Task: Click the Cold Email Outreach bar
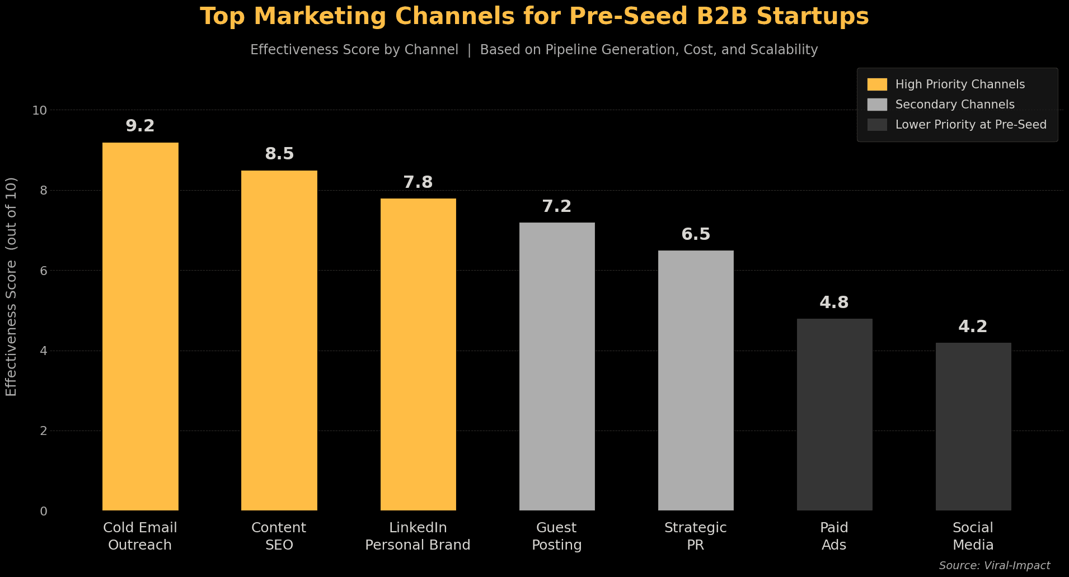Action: click(140, 327)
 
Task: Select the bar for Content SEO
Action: click(279, 340)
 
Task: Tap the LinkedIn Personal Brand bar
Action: click(418, 354)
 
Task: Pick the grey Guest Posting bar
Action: click(557, 366)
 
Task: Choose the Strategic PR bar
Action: click(696, 380)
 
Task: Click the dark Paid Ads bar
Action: click(834, 414)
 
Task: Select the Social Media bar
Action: click(973, 427)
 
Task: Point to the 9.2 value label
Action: click(140, 126)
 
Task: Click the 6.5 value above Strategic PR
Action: click(696, 234)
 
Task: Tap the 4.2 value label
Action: click(973, 327)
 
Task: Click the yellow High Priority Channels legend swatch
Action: click(877, 84)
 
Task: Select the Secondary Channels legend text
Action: click(955, 105)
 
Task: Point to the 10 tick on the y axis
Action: click(40, 110)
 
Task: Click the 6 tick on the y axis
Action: click(43, 271)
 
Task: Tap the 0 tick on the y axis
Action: click(43, 511)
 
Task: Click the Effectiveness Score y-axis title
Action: click(11, 286)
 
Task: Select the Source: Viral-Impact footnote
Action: click(994, 565)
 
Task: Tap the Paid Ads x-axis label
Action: click(834, 536)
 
